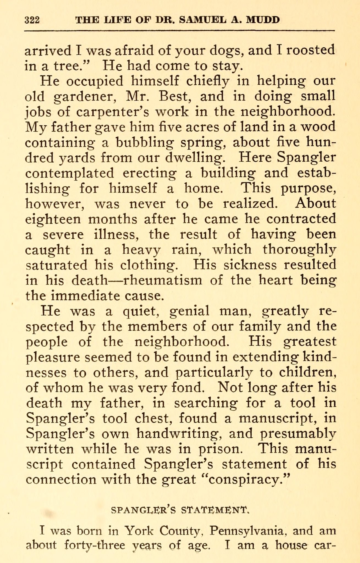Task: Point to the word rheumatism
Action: tap(162, 280)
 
